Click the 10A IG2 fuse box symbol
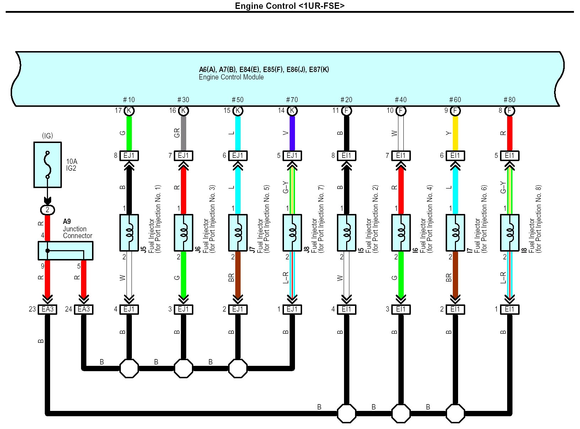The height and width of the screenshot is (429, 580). point(48,165)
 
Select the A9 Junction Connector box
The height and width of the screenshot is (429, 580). point(65,251)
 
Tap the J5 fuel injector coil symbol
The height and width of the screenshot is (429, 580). point(129,233)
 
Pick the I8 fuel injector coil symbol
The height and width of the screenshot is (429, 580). point(509,233)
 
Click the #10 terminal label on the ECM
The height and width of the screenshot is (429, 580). point(129,100)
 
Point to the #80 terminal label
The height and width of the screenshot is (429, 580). point(509,100)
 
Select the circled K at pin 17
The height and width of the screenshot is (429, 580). point(129,111)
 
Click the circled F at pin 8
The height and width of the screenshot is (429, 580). point(509,111)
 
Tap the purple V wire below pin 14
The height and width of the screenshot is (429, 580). point(292,133)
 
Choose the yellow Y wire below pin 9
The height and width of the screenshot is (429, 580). point(455,133)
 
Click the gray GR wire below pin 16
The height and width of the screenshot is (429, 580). point(183,133)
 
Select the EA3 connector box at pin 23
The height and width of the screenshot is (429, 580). point(48,309)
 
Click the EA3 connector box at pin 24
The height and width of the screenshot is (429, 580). point(84,309)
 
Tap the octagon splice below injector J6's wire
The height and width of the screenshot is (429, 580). point(183,368)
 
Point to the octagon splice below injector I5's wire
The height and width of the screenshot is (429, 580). point(347,413)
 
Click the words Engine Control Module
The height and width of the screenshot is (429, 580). point(231,77)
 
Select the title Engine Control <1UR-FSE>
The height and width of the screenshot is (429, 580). point(290,6)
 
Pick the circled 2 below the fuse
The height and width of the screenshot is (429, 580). point(47,210)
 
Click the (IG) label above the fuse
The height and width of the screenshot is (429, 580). point(47,136)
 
